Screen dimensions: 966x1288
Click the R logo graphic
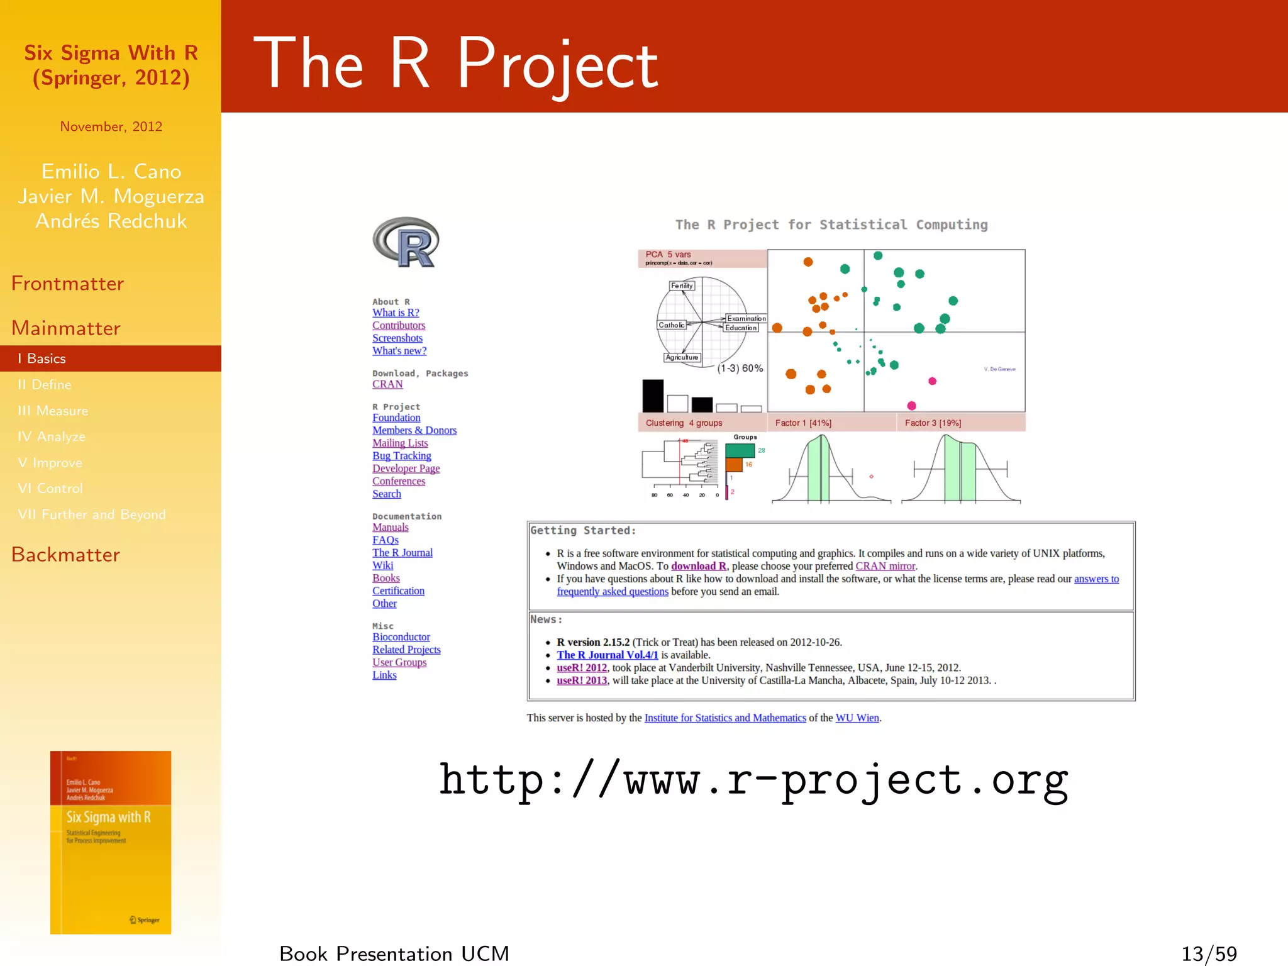tap(406, 243)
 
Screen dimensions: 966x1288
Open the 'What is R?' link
tap(396, 313)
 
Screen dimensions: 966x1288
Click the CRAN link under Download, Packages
tap(387, 384)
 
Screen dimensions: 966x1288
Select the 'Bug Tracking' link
tap(401, 456)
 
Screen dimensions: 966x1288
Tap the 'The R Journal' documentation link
tap(402, 553)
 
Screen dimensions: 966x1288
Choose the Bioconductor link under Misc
tap(401, 637)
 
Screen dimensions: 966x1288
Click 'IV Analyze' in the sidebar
tap(52, 436)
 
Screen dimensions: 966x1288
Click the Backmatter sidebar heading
tap(65, 555)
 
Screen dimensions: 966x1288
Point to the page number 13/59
tap(1209, 953)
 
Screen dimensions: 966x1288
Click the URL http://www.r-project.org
tap(753, 780)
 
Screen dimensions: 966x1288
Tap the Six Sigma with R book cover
tap(111, 842)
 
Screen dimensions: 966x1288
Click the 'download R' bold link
tap(698, 566)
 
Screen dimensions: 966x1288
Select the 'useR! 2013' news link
tap(582, 680)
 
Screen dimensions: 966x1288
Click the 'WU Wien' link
tap(857, 718)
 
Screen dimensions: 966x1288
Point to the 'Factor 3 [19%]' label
tap(933, 423)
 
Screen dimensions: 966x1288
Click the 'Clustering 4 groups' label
tap(684, 423)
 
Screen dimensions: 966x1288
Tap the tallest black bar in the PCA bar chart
tap(653, 396)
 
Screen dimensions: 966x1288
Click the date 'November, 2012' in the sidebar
tap(111, 126)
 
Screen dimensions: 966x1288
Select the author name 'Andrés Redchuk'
tap(111, 221)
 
